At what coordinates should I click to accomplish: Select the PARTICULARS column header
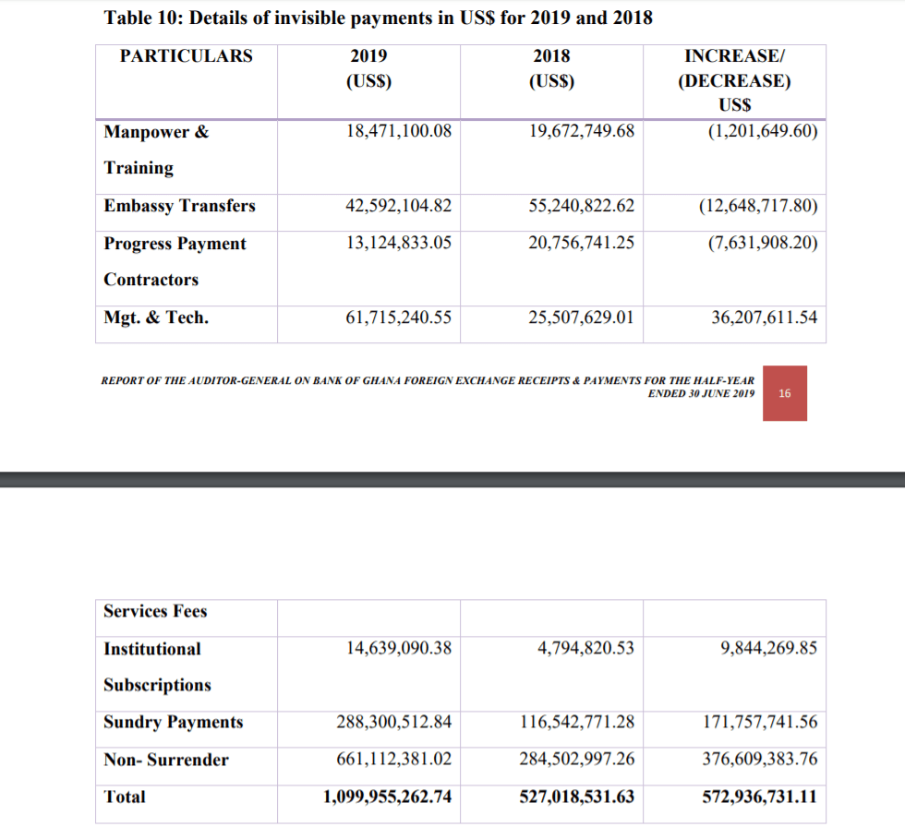[186, 56]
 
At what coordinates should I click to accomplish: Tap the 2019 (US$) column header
[368, 68]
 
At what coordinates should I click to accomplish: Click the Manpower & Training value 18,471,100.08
[399, 131]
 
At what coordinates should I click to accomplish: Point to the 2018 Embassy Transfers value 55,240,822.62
[582, 206]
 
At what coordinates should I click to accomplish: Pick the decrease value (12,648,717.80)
[758, 206]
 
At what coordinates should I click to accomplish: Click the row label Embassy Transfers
[179, 206]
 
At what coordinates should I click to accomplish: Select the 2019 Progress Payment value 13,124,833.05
[399, 244]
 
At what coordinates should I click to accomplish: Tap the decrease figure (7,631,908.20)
[762, 244]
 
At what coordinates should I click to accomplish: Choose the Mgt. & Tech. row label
[156, 318]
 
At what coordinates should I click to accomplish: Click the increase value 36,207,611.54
[764, 318]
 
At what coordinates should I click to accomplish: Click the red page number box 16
[785, 393]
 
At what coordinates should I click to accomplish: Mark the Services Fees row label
[155, 612]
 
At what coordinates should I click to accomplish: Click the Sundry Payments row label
[173, 723]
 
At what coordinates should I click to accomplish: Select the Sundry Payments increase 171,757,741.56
[759, 723]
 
